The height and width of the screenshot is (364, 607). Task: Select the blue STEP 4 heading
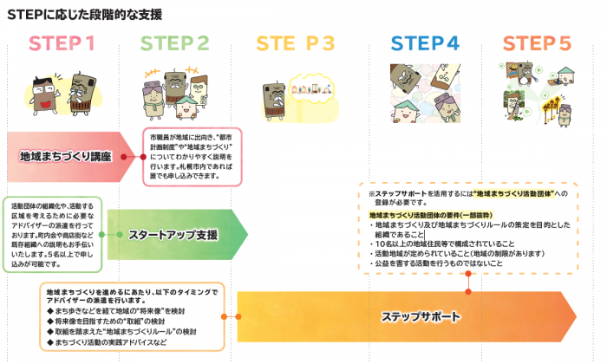425,44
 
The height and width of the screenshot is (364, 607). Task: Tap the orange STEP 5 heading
537,44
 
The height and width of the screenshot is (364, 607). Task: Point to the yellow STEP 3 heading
295,44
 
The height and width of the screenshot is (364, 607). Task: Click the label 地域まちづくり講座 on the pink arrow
78,157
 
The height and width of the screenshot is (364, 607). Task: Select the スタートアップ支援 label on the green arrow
173,234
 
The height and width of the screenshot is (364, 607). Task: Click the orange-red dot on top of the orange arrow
467,276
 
